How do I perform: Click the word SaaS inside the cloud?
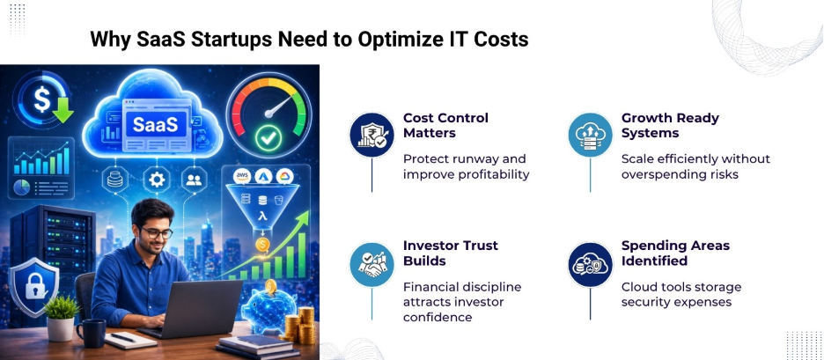point(155,123)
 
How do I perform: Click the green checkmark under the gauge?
point(268,137)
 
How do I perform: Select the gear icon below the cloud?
point(157,180)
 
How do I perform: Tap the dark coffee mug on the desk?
point(91,332)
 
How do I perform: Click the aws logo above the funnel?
point(243,177)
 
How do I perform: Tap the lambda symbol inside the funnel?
point(263,215)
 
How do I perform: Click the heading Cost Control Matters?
point(445,125)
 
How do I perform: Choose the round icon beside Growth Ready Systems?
point(589,135)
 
